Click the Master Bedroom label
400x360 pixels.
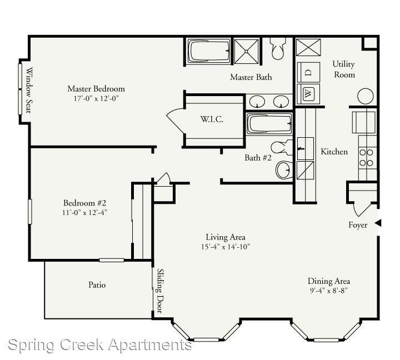(x=96, y=89)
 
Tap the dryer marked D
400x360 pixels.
(x=308, y=72)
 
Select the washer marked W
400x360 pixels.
(x=308, y=94)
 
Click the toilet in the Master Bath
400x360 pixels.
(x=278, y=48)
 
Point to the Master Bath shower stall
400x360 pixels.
(x=246, y=51)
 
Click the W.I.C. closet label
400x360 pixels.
(x=212, y=119)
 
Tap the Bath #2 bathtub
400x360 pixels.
(x=269, y=124)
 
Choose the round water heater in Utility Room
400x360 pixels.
(x=366, y=96)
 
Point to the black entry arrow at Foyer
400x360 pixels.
(x=378, y=223)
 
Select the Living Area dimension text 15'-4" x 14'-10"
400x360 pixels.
(x=225, y=247)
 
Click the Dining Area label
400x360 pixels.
(x=329, y=281)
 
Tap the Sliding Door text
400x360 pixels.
(x=159, y=291)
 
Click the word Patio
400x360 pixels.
(x=97, y=285)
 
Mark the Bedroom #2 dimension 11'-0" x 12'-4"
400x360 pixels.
(x=84, y=212)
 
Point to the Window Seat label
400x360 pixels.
(x=29, y=90)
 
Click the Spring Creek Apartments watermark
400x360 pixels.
(x=100, y=345)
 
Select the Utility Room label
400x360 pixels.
(x=344, y=69)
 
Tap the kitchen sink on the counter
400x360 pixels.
(x=306, y=148)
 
